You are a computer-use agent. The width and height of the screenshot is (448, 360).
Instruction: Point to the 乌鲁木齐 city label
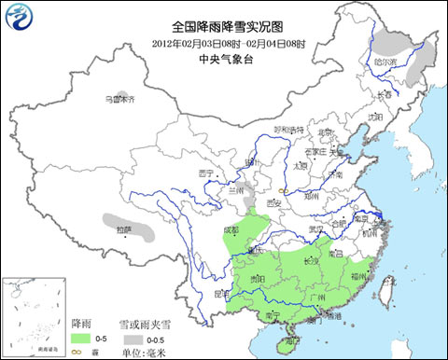click(119, 98)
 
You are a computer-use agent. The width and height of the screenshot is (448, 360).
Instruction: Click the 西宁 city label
click(206, 174)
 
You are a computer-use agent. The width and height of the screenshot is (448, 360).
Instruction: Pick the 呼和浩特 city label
click(288, 130)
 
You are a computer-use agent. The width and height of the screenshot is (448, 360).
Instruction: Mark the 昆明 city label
click(220, 293)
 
